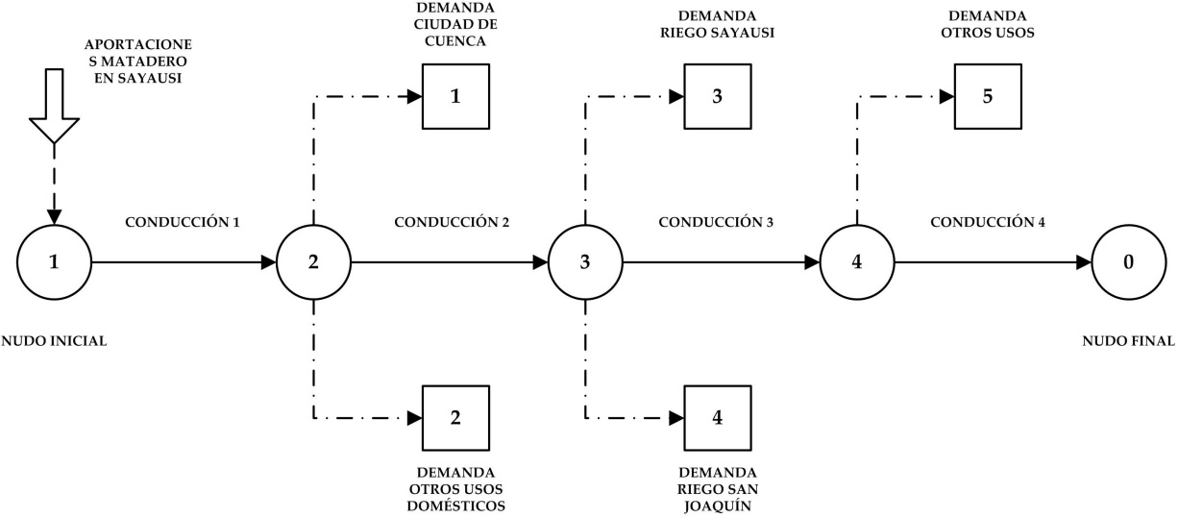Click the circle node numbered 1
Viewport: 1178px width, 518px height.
click(x=55, y=262)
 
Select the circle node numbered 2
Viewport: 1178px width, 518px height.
click(x=314, y=262)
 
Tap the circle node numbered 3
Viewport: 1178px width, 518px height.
click(x=585, y=262)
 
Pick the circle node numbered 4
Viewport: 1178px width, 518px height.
click(x=857, y=262)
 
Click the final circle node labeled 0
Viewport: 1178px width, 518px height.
click(x=1129, y=262)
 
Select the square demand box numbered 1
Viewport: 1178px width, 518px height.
click(x=456, y=97)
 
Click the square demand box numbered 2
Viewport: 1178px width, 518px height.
click(x=456, y=418)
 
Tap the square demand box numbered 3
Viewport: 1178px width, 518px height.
click(x=718, y=97)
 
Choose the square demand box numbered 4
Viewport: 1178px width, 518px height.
click(x=718, y=418)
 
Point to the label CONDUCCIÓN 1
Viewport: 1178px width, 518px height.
click(x=183, y=223)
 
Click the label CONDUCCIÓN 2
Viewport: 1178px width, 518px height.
click(x=452, y=223)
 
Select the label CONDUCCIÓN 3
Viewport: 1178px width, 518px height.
click(x=716, y=223)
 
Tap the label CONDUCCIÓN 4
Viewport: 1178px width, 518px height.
click(x=988, y=223)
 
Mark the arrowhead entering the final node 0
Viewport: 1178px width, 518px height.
click(x=1085, y=262)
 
